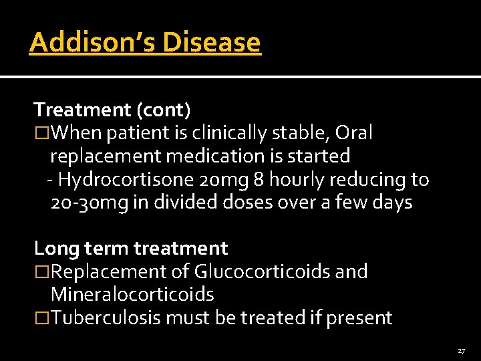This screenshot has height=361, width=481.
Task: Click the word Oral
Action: click(x=354, y=133)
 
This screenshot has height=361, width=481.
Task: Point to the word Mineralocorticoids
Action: click(x=132, y=294)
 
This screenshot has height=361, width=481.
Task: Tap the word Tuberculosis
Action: click(x=106, y=318)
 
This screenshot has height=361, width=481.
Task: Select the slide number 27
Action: click(x=461, y=351)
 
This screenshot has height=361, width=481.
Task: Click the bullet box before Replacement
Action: click(x=42, y=272)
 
